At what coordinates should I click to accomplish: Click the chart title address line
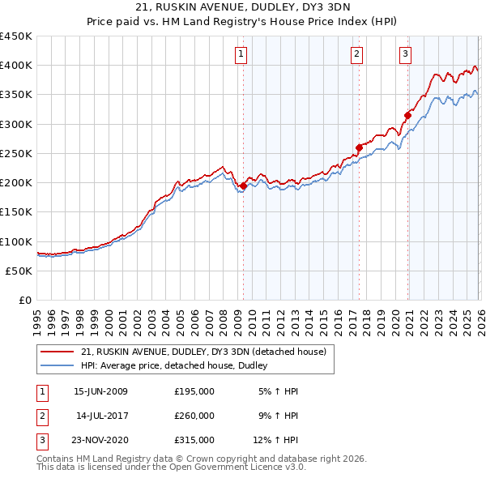coord(243,9)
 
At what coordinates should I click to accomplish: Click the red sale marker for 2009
coord(243,186)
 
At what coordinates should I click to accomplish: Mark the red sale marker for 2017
coord(359,147)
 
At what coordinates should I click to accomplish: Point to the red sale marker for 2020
coord(407,115)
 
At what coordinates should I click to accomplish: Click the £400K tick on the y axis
coord(16,66)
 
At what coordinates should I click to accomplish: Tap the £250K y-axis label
coord(16,153)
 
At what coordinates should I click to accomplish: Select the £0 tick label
coord(24,300)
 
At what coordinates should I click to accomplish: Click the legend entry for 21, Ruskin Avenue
coord(202,352)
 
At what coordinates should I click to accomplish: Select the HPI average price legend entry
coord(178,366)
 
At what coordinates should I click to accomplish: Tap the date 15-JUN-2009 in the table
coord(100,391)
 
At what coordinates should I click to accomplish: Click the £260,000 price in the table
coord(194,416)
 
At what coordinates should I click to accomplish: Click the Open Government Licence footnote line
coord(171,468)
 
